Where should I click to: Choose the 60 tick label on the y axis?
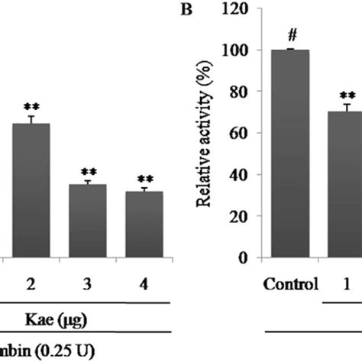click(244, 134)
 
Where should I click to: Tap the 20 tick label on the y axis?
click(244, 217)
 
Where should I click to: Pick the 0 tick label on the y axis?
click(248, 258)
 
